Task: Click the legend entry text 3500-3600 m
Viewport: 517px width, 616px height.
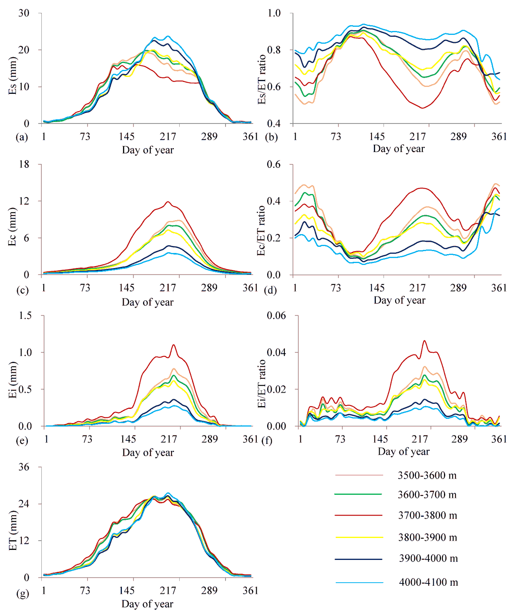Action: point(427,475)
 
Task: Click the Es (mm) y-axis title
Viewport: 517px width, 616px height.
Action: point(12,76)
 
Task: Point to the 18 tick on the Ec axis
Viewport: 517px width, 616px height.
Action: point(24,164)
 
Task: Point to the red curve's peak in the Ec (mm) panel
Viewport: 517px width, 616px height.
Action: point(168,202)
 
